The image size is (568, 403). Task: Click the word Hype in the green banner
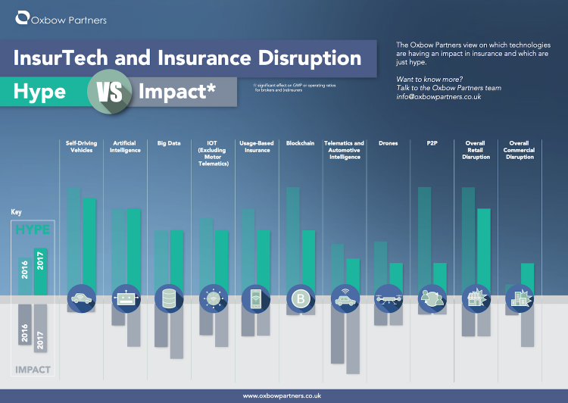[x=40, y=92]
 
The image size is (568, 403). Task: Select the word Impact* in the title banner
[x=176, y=92]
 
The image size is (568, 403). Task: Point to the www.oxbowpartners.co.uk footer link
[x=283, y=395]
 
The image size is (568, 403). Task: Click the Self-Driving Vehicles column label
[x=81, y=147]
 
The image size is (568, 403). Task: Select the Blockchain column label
[x=301, y=143]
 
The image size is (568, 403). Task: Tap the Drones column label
[x=389, y=143]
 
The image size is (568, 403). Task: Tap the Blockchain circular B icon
[x=301, y=298]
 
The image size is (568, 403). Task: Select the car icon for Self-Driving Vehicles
[x=81, y=298]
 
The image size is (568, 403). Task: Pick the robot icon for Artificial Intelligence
[x=125, y=298]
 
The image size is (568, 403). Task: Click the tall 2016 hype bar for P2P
[x=425, y=235]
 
